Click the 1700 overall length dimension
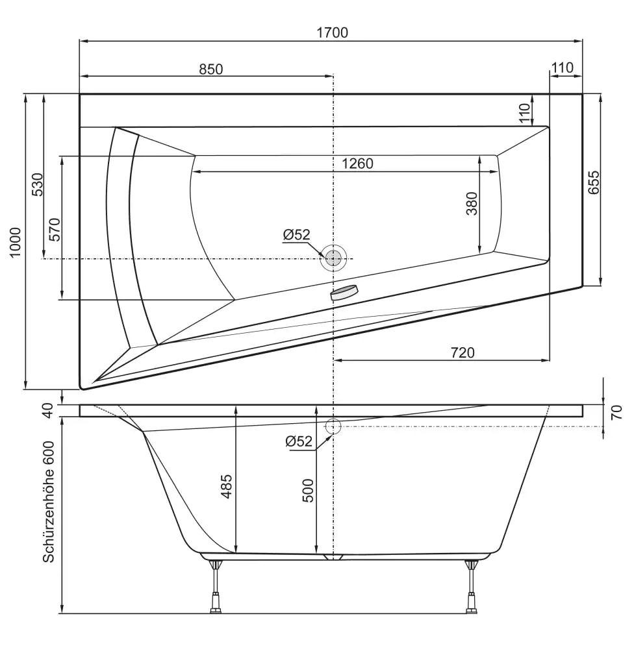pyautogui.click(x=333, y=32)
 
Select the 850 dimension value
pyautogui.click(x=210, y=69)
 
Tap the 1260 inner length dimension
pyautogui.click(x=357, y=164)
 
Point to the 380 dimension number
pyautogui.click(x=472, y=204)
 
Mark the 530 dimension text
pyautogui.click(x=38, y=185)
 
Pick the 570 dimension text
pyautogui.click(x=55, y=230)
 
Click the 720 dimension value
pyautogui.click(x=463, y=352)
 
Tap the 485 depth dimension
pyautogui.click(x=227, y=486)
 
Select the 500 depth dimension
pyautogui.click(x=308, y=490)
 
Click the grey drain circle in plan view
pyautogui.click(x=333, y=259)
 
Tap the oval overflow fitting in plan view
pyautogui.click(x=344, y=293)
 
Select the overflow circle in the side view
pyautogui.click(x=333, y=426)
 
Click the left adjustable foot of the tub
pyautogui.click(x=214, y=587)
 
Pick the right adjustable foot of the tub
pyautogui.click(x=472, y=587)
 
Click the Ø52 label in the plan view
pyautogui.click(x=297, y=235)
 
